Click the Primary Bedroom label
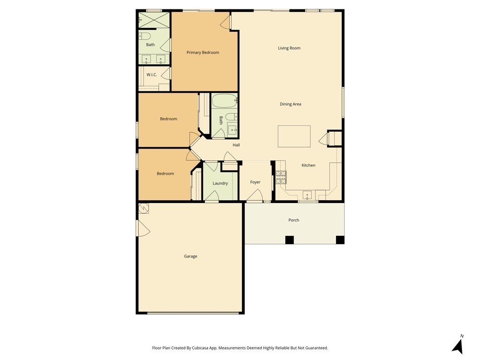pos(202,52)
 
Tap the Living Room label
pos(289,48)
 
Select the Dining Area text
pos(290,104)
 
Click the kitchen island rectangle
pos(294,136)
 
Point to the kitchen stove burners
pos(281,177)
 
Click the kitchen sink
pos(307,195)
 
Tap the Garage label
pos(190,256)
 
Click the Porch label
pos(293,220)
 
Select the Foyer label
pos(255,182)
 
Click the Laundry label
pos(220,183)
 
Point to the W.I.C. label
pos(151,75)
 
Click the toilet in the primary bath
pos(145,37)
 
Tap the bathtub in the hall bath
pos(225,100)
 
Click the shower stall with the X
pos(154,20)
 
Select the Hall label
pos(236,145)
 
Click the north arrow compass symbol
pos(457,346)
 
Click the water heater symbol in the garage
pos(143,209)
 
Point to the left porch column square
pos(289,240)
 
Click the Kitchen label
pos(308,165)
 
